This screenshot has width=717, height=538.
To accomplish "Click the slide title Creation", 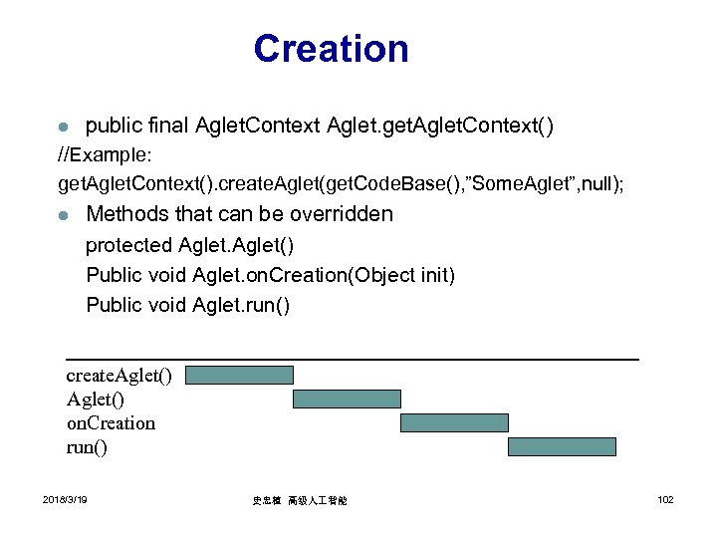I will point(331,49).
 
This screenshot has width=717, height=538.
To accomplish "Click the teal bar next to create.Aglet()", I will point(240,375).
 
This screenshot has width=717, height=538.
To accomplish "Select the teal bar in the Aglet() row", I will point(347,399).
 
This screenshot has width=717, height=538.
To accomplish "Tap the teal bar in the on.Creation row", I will point(454,422).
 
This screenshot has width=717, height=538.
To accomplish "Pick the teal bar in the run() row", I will point(562,446).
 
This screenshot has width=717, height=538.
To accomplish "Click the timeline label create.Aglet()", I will point(119,375).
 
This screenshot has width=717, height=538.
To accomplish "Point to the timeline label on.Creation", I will point(111,423).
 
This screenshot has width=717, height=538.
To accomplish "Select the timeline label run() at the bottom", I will point(87,447).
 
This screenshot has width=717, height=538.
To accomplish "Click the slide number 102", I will point(665,499).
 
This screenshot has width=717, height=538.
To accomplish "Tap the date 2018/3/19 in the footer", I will point(65,499).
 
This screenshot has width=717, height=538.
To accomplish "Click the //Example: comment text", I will point(103,156).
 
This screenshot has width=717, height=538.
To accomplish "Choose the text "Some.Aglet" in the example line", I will point(527,184).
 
